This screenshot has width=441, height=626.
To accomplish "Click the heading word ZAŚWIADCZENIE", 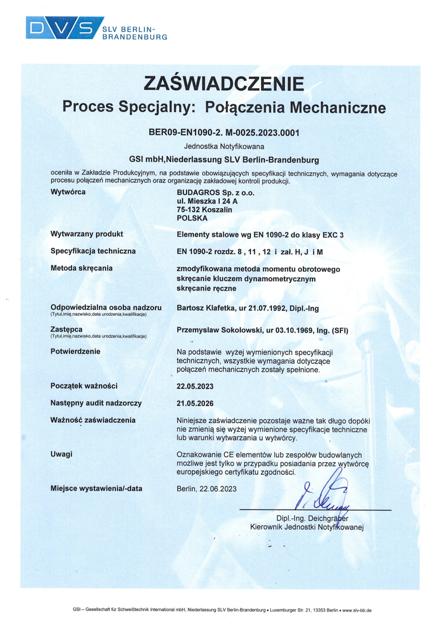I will (x=224, y=83).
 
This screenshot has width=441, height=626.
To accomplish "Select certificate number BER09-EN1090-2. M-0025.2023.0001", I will (x=224, y=133).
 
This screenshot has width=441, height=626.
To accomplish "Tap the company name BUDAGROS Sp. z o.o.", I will (x=215, y=193).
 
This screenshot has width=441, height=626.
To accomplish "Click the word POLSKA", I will (x=192, y=218).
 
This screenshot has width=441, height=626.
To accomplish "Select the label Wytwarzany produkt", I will (x=87, y=234).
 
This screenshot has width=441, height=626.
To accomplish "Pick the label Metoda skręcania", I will (x=82, y=268).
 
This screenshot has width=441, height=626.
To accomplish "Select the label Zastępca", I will (x=67, y=329).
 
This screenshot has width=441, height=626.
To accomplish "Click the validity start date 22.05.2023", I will (x=195, y=387).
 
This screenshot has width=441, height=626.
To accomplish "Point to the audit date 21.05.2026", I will (x=195, y=404).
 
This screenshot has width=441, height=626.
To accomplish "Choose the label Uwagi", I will (x=61, y=454).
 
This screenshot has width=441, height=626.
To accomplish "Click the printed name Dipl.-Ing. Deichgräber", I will (x=312, y=519).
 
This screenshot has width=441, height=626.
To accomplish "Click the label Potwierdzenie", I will (x=75, y=351).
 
